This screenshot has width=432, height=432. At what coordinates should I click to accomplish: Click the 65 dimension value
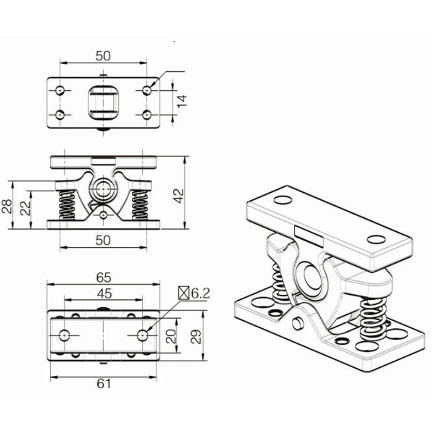104,278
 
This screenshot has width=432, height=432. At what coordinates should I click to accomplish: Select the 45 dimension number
104,294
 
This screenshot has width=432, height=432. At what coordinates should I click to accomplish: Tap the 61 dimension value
104,383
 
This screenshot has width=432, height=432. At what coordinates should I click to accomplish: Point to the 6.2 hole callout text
200,293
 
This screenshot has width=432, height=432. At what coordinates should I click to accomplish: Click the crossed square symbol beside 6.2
184,293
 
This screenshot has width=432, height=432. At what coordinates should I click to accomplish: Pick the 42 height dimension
179,196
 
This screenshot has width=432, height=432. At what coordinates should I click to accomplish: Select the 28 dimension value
7,206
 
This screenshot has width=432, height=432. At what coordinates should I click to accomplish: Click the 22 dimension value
25,208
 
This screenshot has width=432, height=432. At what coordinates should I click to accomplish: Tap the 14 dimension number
182,102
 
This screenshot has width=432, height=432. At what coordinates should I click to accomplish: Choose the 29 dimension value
196,336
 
